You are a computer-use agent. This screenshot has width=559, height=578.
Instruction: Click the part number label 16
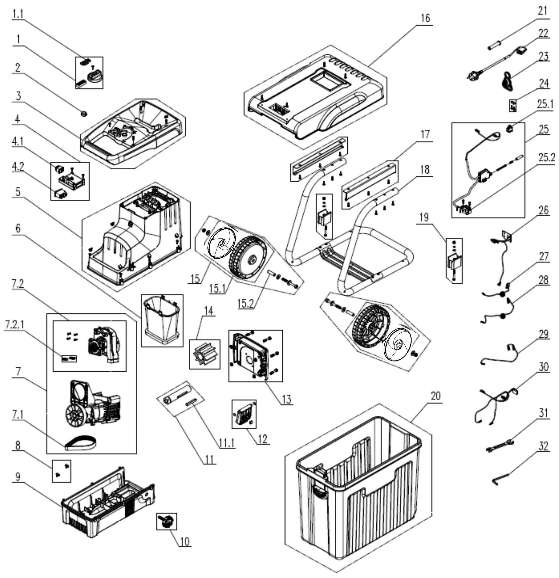[x=425, y=18]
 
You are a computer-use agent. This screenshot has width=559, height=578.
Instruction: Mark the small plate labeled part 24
[x=513, y=106]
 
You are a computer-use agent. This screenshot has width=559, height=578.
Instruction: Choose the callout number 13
[x=286, y=399]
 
